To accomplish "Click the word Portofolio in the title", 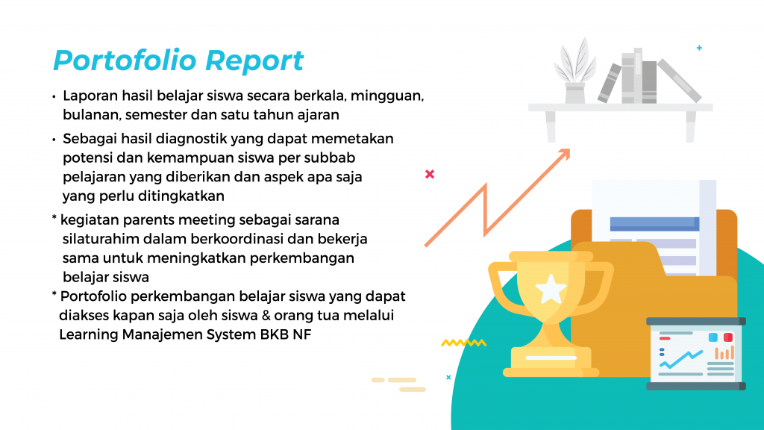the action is tap(125, 61).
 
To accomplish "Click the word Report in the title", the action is tap(254, 62).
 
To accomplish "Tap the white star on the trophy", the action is tap(551, 289).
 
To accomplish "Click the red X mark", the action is tap(430, 174).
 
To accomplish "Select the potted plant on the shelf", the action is tap(575, 71).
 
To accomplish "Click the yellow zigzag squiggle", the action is tap(464, 343).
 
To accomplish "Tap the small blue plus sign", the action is tap(699, 48).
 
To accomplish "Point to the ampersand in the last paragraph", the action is tap(266, 316).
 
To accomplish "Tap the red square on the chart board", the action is tap(728, 337).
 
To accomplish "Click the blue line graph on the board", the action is tap(680, 359).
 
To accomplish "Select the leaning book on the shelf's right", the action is tap(679, 81).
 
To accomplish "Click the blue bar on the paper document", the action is tap(654, 224).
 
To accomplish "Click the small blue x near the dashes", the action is tap(448, 377).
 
